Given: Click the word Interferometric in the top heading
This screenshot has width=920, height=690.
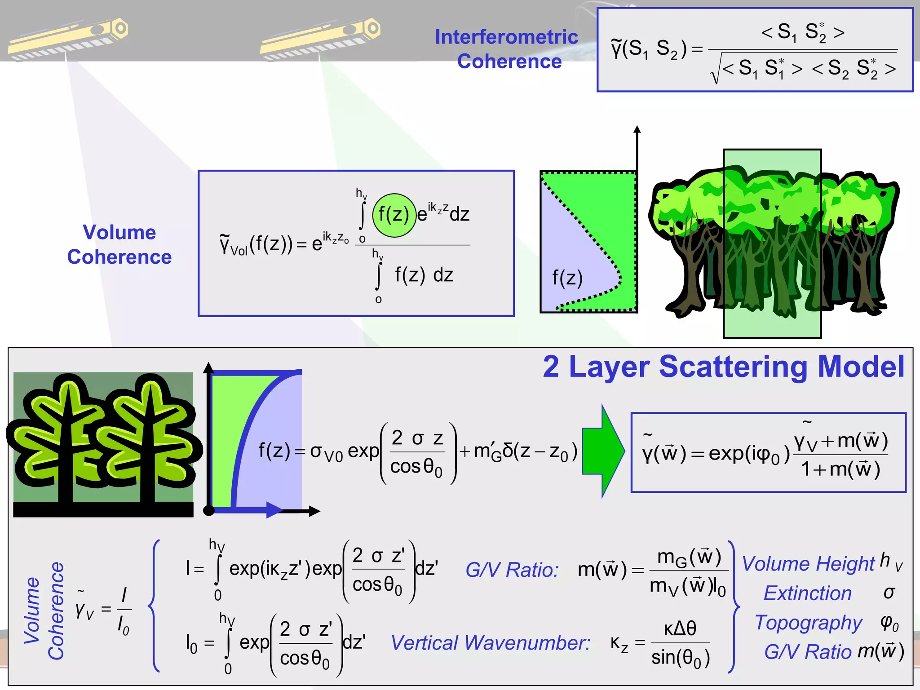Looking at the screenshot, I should (506, 37).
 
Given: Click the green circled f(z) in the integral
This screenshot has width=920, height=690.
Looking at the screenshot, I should (394, 215).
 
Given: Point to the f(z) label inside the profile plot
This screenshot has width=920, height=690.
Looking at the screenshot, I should (567, 278).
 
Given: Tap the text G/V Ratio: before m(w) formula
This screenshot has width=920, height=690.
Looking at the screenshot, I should (512, 570).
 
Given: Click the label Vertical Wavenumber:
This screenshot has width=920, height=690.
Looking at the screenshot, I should (490, 643).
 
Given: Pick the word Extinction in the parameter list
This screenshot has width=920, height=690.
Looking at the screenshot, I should (808, 593).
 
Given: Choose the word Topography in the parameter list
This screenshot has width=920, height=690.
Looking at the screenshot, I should (809, 623).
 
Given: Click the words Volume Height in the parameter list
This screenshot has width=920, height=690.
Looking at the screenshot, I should (808, 564).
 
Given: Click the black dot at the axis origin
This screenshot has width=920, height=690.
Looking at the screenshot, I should (209, 510).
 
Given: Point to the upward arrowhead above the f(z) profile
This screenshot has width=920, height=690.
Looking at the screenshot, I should (637, 129).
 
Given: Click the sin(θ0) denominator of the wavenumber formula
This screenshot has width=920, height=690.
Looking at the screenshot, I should (681, 658).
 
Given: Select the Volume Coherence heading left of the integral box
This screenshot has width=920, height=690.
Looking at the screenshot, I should (119, 245).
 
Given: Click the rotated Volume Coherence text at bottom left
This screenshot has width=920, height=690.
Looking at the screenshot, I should (44, 611).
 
